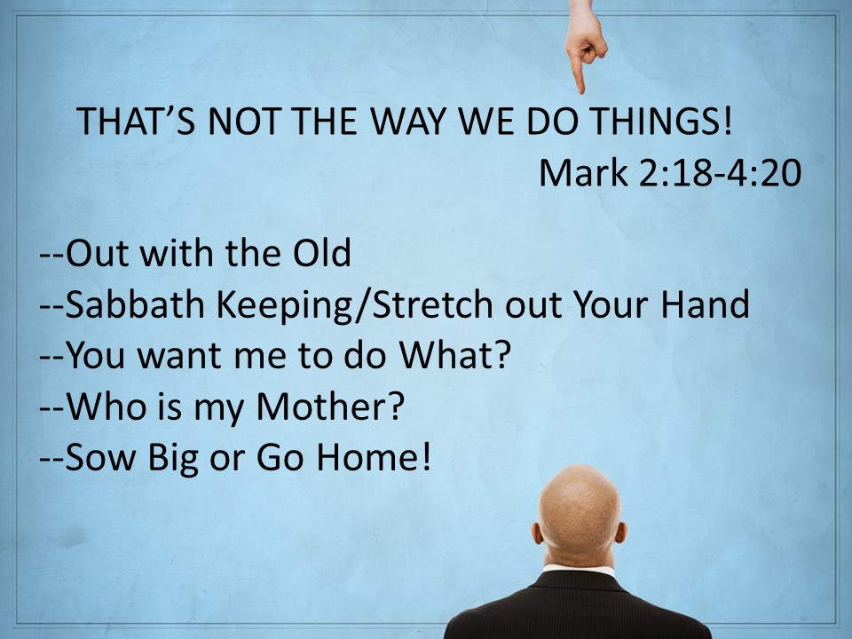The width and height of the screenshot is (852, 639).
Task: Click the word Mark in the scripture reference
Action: [x=583, y=173]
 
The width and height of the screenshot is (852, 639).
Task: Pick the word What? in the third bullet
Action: [x=454, y=355]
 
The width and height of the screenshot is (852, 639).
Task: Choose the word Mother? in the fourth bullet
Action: [x=330, y=406]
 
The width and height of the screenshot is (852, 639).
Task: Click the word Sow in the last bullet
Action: [x=100, y=457]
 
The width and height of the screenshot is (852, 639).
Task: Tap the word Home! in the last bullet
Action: [x=374, y=457]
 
